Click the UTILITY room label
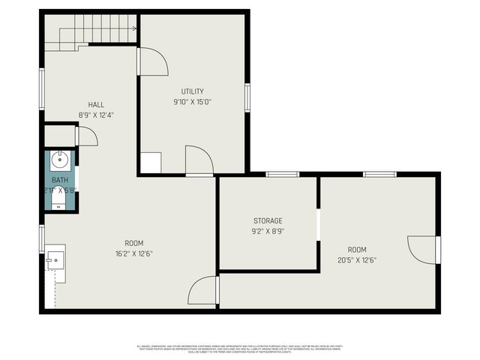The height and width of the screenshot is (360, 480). pos(193,91)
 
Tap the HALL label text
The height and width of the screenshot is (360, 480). pos(96,105)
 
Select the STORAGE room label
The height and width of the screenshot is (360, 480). pos(268,220)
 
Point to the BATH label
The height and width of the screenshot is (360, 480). pos(59,180)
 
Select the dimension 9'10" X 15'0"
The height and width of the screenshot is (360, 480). pos(193,102)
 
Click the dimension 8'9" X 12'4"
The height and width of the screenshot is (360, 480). pos(96,115)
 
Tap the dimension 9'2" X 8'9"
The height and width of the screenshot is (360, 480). pos(268,231)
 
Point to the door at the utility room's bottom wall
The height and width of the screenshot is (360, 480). pos(199,160)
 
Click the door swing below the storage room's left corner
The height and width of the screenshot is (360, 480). pos(203,291)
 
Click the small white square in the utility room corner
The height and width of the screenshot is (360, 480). pos(151,163)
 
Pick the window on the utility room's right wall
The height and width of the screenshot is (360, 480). pos(247,97)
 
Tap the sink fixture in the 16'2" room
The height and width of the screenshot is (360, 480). pos(55,258)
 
